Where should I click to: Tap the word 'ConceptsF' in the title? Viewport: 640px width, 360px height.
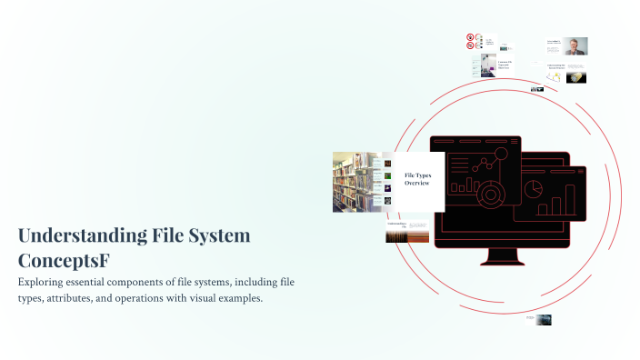click(64, 260)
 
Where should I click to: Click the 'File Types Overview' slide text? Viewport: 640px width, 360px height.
click(418, 178)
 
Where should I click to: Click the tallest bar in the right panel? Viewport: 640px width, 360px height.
click(570, 199)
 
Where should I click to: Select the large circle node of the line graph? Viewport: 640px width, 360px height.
click(500, 157)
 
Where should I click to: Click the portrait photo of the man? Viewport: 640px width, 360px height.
click(576, 46)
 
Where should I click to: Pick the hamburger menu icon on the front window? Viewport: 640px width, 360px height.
click(514, 142)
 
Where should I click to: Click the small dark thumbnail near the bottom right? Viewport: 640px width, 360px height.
click(543, 319)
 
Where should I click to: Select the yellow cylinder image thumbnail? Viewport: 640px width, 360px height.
click(575, 77)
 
